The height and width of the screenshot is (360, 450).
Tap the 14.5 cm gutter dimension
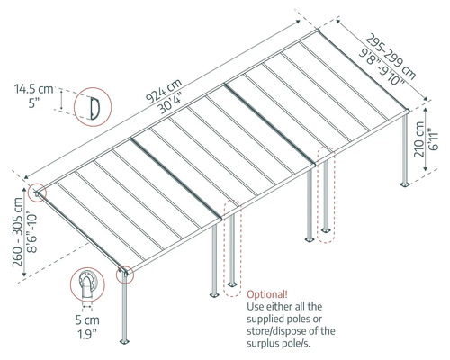pos(31,89)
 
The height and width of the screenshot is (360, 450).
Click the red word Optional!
pos(267,294)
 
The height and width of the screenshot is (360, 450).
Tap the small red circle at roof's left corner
pos(37,192)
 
